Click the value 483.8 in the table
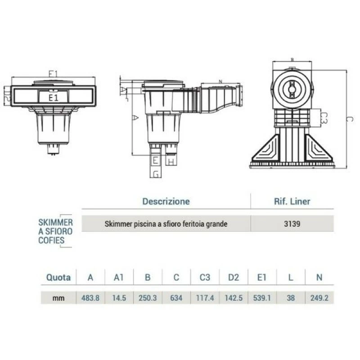pos(90,298)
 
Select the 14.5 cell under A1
pos(119,298)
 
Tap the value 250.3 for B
pos(148,298)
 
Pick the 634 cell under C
pos(176,298)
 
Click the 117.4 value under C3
pos(205,298)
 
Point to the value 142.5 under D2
pos(233,298)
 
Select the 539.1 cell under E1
pos(262,298)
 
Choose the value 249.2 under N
pos(319,298)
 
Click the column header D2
pos(233,277)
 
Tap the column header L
pos(291,277)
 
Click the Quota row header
pos(58,277)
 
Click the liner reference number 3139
pos(292,223)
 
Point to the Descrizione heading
pos(166,201)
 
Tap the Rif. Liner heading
pos(292,201)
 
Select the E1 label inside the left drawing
pos(54,96)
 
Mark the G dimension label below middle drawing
pos(156,174)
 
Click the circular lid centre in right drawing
pos(292,85)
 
